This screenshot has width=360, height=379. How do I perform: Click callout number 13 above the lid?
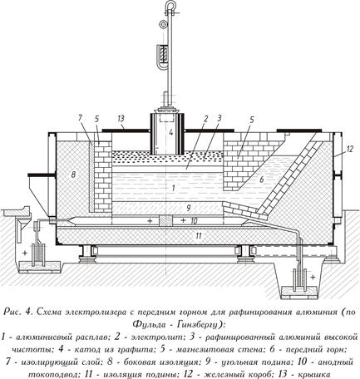(x=121, y=119)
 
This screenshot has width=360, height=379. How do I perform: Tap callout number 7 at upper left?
(x=80, y=118)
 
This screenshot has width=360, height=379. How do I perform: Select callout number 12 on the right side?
(x=350, y=149)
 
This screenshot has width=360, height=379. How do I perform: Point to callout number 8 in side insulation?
(x=73, y=175)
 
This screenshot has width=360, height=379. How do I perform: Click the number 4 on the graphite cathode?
(x=171, y=132)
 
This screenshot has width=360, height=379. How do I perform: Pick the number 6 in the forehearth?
(x=261, y=180)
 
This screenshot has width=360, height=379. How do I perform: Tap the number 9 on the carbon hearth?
(x=189, y=208)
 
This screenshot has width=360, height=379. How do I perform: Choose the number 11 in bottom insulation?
(x=199, y=236)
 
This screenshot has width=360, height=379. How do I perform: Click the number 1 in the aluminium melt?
(x=173, y=189)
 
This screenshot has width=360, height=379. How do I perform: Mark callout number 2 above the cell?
(x=205, y=119)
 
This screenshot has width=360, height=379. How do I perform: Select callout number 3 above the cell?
(x=219, y=119)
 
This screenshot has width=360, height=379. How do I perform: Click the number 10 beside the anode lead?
(x=194, y=221)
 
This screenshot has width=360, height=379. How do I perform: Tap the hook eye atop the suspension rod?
(x=170, y=6)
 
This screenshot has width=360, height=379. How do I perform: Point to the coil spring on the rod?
(x=164, y=53)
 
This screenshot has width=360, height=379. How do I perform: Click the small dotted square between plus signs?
(x=166, y=220)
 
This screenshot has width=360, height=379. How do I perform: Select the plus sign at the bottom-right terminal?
(x=313, y=277)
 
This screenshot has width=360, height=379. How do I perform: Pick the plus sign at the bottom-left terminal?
(x=25, y=253)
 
